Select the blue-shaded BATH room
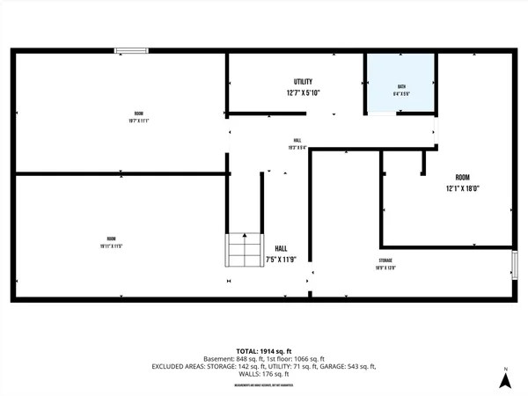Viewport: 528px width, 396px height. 400,84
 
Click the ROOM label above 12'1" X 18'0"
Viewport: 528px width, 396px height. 462,177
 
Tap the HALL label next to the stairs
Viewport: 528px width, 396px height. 281,248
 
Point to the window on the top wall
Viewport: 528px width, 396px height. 132,51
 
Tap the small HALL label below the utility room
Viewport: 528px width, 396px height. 297,141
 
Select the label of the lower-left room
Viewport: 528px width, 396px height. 112,239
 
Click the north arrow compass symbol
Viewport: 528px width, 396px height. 505,380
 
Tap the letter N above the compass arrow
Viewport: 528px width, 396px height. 505,367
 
